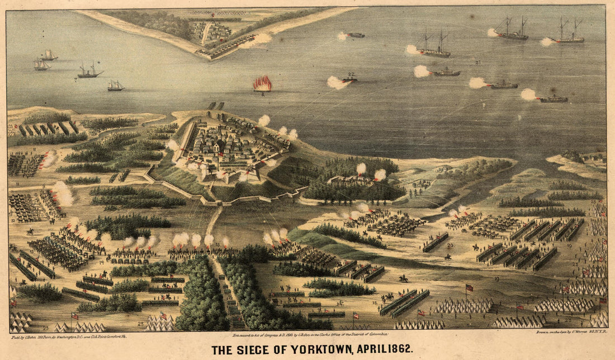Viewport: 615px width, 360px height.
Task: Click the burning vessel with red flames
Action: (262, 84)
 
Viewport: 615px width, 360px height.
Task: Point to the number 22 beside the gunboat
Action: (351, 74)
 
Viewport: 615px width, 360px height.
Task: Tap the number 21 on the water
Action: (478, 61)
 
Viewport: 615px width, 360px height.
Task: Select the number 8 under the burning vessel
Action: (262, 94)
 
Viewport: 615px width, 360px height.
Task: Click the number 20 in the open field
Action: (450, 245)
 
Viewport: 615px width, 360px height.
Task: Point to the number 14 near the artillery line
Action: (102, 262)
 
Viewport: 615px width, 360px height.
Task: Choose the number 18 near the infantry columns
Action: (375, 302)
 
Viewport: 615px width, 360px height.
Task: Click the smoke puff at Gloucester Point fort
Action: (258, 39)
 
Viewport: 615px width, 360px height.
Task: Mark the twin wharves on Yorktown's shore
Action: (215, 106)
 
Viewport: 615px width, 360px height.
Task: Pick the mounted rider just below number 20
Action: (447, 257)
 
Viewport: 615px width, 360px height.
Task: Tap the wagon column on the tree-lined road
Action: (231, 302)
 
